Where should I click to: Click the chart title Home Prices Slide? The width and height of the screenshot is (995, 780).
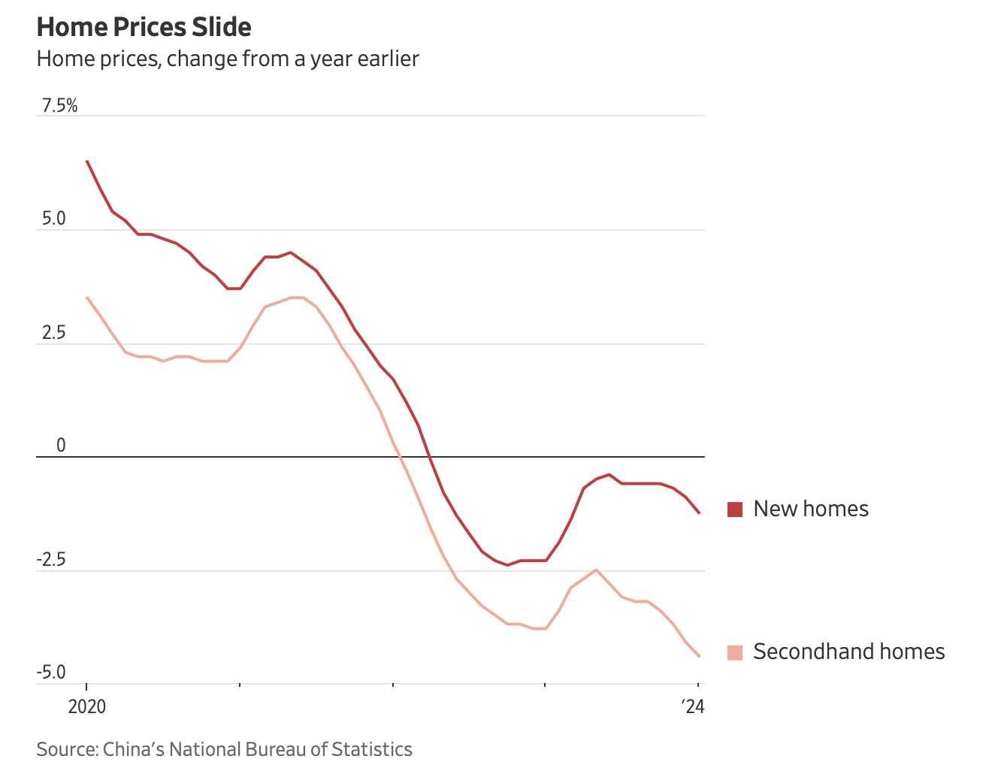point(144,27)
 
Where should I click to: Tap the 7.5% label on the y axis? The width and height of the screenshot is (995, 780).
point(59,106)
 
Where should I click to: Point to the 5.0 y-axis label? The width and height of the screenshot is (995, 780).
point(53,219)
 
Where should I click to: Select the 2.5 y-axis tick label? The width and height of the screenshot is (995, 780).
point(53,333)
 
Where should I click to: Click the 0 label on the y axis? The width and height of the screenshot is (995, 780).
point(61,446)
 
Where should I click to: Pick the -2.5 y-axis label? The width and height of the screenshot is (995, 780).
point(51,560)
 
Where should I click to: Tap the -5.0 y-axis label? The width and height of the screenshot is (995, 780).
point(51,673)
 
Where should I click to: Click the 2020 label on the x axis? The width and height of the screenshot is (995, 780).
point(86,707)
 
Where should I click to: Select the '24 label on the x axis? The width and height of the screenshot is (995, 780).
point(692,707)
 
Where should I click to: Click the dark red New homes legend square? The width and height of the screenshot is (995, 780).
point(735,509)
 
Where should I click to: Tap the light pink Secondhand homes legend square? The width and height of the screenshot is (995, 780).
point(735,652)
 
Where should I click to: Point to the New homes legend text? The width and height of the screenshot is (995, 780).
point(811,509)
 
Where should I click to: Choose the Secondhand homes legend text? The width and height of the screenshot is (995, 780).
point(848,652)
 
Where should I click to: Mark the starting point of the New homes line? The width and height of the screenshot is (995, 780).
point(87,161)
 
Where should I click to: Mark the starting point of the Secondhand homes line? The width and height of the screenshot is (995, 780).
point(87,297)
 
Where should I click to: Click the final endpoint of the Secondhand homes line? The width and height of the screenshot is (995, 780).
point(700,656)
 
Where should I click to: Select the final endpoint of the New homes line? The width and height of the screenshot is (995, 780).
point(700,513)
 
